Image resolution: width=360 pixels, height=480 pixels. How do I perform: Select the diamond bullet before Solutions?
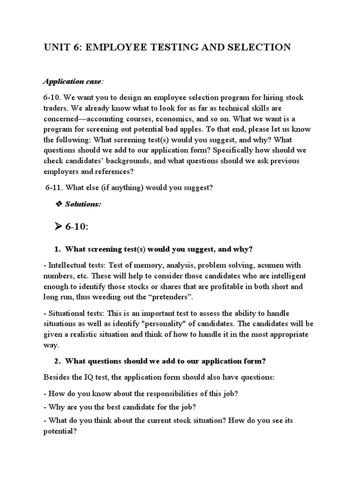click(59, 204)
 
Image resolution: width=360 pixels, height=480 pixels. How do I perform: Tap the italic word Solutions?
click(83, 205)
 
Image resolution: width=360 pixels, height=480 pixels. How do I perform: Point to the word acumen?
click(268, 265)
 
